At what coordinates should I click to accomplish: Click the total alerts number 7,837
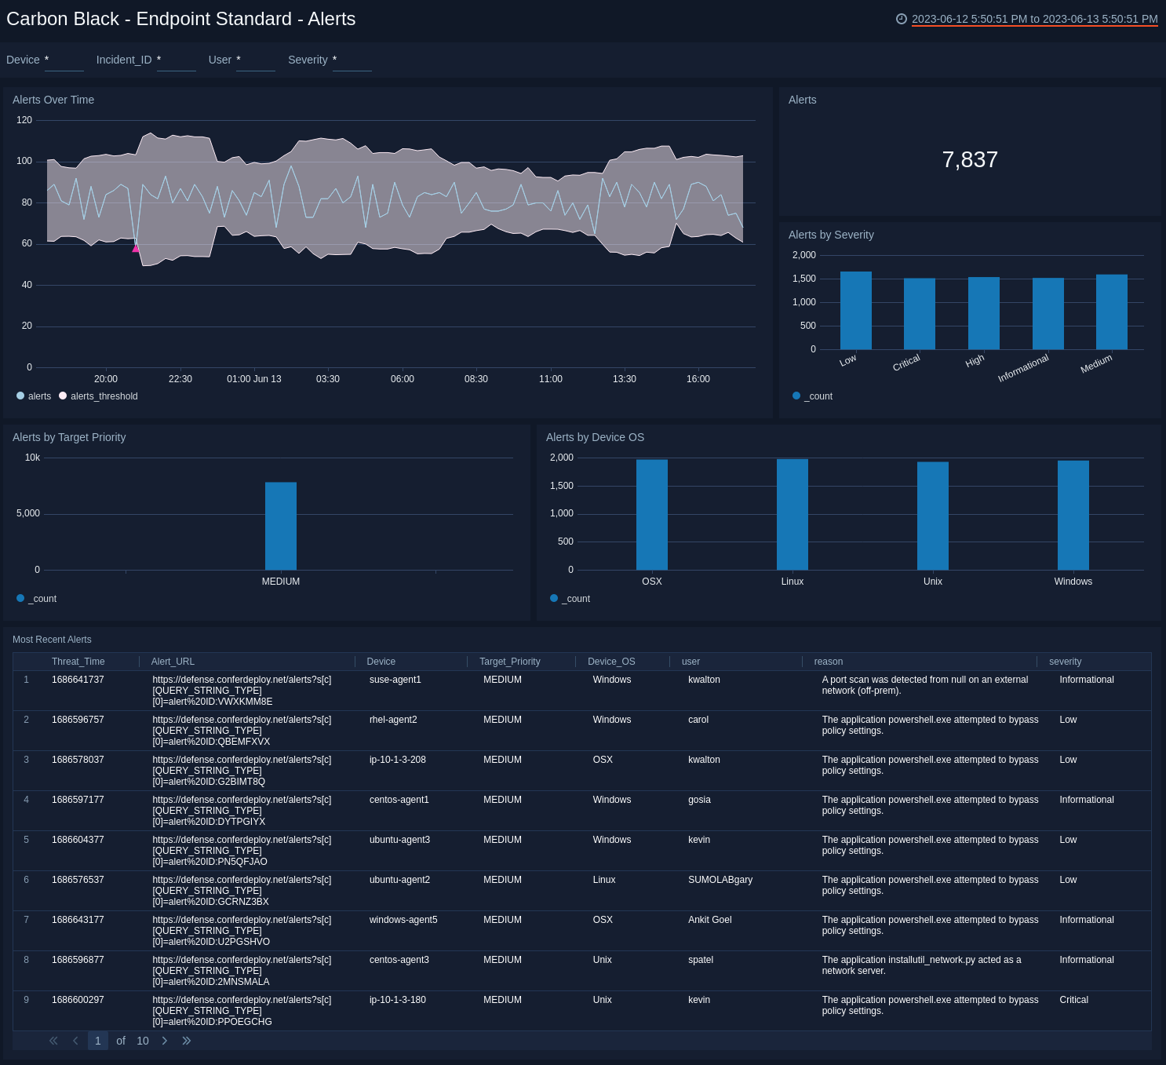[x=969, y=160]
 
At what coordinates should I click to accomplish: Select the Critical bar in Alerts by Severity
[x=919, y=314]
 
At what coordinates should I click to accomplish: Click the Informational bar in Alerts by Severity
[x=1048, y=314]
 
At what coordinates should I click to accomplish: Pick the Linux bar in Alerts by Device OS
[x=792, y=515]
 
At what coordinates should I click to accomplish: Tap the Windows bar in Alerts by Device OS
[x=1073, y=516]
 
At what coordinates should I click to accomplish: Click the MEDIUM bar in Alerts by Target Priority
[x=280, y=526]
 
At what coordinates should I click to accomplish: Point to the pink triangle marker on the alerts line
[x=136, y=248]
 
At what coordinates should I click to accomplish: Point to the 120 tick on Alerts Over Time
[x=24, y=120]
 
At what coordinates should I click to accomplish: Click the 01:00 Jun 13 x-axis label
[x=253, y=379]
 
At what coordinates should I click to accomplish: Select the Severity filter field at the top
[x=352, y=60]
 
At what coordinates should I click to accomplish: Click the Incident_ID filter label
[x=124, y=60]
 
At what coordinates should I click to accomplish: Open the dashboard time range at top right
[x=1033, y=19]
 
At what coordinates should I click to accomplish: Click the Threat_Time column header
[x=78, y=662]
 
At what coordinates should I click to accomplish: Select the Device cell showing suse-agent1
[x=395, y=680]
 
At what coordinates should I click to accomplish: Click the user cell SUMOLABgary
[x=720, y=880]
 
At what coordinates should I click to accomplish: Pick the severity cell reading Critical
[x=1073, y=1000]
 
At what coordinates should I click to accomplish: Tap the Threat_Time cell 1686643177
[x=78, y=920]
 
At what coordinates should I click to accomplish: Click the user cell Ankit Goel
[x=709, y=920]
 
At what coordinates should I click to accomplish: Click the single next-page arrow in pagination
[x=165, y=1041]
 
